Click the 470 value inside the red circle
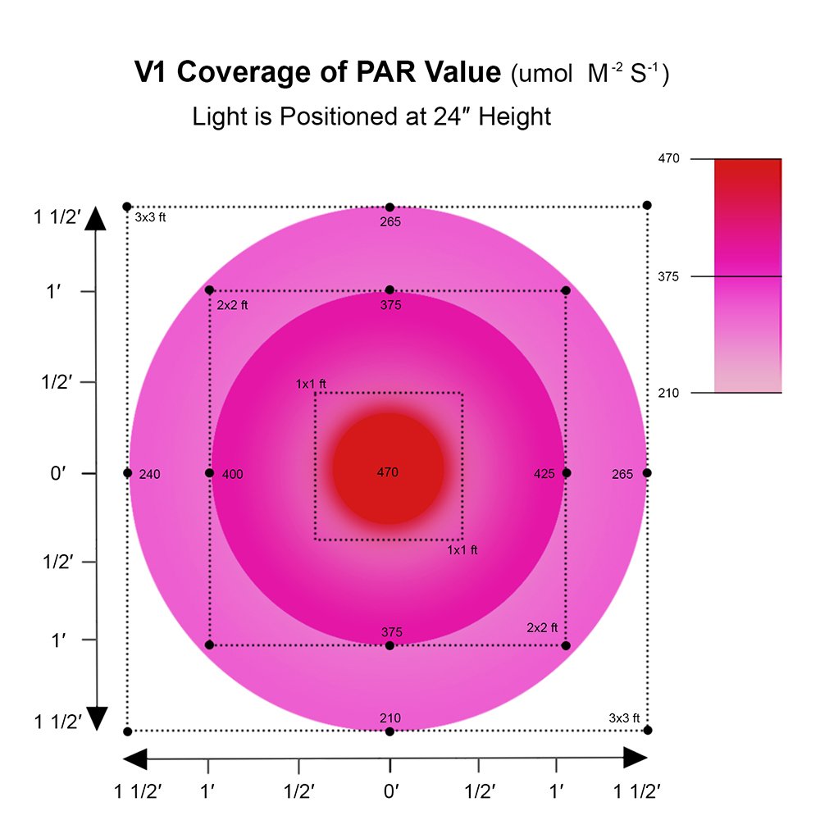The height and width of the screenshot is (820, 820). [388, 472]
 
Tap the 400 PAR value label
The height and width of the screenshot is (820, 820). [232, 474]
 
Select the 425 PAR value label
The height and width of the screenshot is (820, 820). [544, 474]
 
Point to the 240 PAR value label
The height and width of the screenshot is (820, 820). [150, 474]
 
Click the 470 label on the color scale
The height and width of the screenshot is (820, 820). [669, 158]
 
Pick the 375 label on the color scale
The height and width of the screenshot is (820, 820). [669, 276]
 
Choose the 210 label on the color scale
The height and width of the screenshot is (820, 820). [669, 393]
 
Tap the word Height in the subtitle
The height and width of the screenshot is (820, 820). [515, 116]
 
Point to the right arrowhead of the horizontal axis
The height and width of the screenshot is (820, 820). [635, 758]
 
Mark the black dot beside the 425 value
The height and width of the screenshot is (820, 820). [567, 473]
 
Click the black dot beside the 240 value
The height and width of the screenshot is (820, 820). [127, 473]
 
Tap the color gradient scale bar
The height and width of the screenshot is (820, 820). [747, 276]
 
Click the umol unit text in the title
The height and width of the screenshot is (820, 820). [535, 75]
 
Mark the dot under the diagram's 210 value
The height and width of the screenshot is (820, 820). [389, 731]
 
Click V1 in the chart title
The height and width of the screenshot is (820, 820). [153, 73]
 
